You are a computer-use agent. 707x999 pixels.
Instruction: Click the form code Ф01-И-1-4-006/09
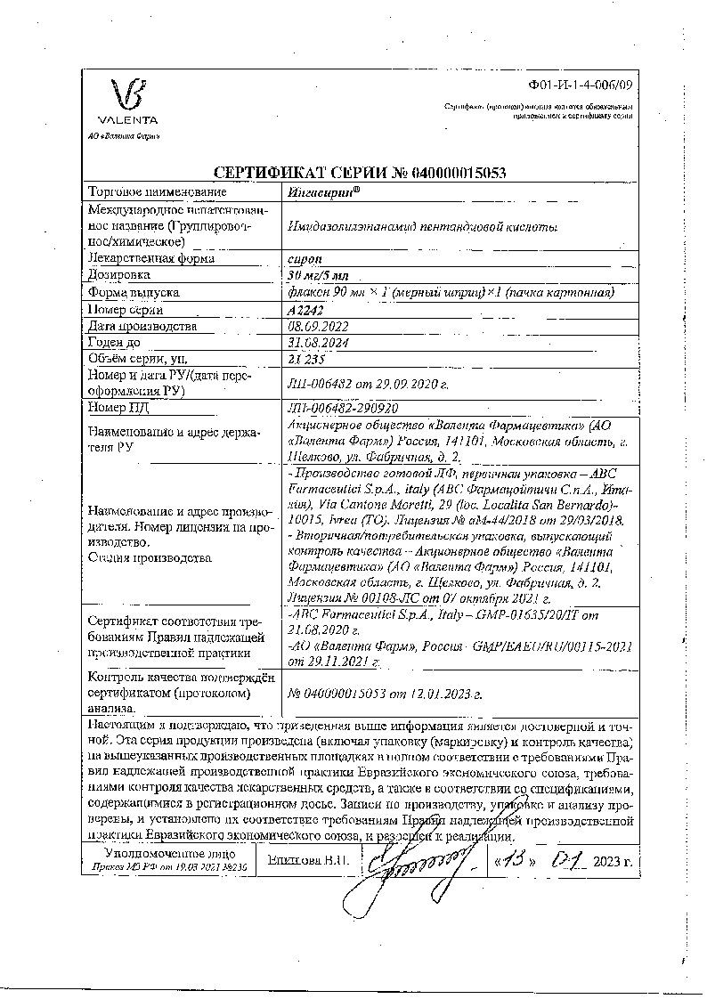(581, 85)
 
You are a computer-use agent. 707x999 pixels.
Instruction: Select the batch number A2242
(305, 309)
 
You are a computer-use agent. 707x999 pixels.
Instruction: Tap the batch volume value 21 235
(306, 360)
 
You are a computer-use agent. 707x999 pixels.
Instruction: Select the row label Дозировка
(119, 275)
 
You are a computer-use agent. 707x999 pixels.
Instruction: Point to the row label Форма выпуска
(133, 292)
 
